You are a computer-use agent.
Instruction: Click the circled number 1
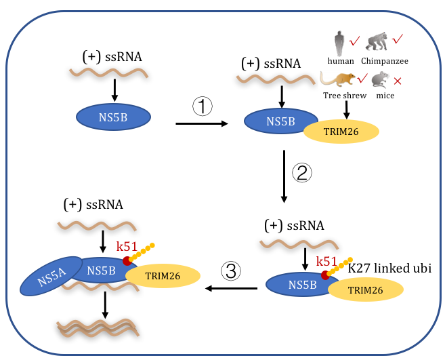click(x=203, y=106)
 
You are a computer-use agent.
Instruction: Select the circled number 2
click(x=302, y=172)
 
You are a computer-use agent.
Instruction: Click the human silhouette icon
click(x=339, y=43)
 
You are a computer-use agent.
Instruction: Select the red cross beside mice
click(x=398, y=82)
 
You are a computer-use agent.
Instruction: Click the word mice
click(x=384, y=96)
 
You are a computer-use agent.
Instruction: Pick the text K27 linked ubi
click(x=389, y=268)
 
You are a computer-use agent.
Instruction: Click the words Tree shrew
click(x=345, y=96)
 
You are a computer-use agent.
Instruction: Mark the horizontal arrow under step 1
click(x=201, y=123)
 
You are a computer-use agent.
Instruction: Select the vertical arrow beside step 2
click(x=284, y=177)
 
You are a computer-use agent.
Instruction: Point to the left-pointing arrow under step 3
click(x=232, y=289)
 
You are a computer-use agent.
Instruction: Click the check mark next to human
click(x=354, y=42)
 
